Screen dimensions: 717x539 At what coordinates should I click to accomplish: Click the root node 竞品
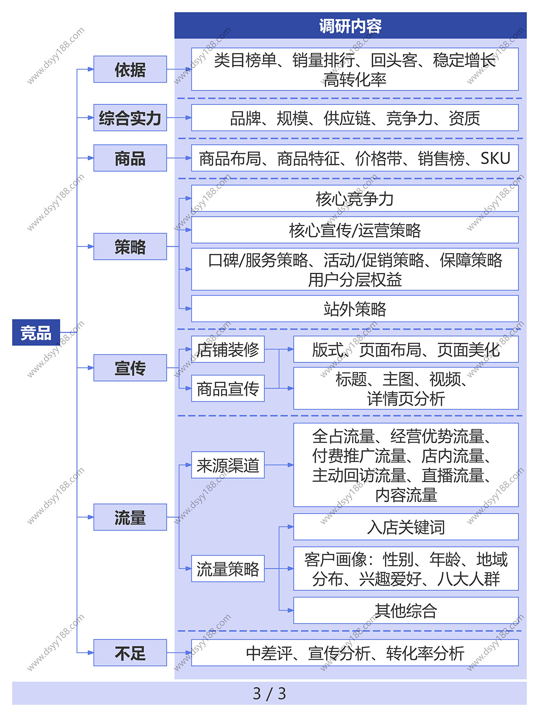36,333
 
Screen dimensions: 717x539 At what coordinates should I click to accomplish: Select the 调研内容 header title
350,26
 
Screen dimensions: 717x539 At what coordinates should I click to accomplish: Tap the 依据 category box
130,70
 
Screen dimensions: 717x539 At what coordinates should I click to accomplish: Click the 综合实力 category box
130,118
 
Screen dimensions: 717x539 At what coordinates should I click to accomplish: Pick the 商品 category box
130,158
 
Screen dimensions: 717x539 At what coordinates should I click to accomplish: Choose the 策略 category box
130,247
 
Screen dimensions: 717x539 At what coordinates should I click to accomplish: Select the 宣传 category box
130,368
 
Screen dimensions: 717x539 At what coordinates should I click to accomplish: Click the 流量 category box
130,517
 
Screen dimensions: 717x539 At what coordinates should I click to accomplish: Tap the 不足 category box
130,653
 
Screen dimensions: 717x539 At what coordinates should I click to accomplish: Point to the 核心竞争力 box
355,199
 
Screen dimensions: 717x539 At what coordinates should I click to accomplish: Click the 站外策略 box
355,309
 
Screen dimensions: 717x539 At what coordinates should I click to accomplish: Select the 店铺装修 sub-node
228,349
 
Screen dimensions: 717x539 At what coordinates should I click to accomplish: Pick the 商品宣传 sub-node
228,388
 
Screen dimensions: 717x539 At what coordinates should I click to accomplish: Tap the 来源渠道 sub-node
228,465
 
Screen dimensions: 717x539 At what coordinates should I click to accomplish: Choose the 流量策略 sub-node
228,569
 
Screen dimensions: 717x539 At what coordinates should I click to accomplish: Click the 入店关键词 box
406,527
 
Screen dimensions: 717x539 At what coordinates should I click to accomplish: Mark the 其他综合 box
406,610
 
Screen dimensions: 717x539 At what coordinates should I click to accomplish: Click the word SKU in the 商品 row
495,158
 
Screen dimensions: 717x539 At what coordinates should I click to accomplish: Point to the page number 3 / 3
269,693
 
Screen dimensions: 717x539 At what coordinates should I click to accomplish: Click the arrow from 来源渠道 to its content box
279,465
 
